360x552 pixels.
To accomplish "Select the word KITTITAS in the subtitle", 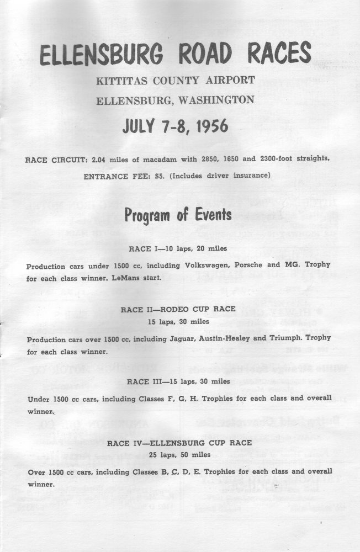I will pos(119,81).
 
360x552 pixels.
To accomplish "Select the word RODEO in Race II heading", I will pos(178,310).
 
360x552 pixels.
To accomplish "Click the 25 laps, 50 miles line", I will pos(179,454).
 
